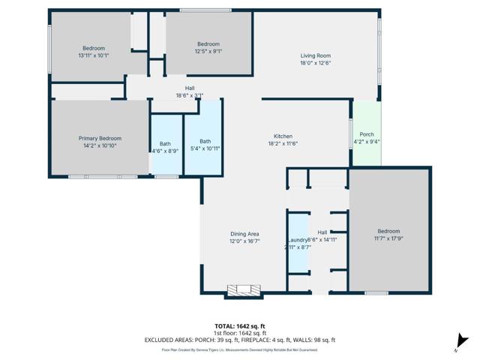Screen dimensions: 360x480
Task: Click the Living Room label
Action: coord(315,55)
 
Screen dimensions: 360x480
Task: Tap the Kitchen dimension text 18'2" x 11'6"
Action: coord(283,143)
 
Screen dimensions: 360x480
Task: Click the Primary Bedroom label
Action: coord(100,138)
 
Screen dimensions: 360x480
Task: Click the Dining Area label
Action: coord(244,234)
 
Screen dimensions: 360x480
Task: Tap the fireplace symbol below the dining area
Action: coord(244,291)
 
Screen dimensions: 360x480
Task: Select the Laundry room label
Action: coord(298,240)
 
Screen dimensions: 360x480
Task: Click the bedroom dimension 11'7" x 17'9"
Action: coord(388,238)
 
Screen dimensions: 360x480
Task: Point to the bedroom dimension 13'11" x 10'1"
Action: coord(94,55)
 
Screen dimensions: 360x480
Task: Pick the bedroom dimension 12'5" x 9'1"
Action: coord(208,52)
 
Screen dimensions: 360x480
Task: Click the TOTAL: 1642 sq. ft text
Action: coord(240,326)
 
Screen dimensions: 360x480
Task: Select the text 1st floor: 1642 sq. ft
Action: coord(240,333)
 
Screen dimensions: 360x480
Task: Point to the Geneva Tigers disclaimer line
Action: coord(240,349)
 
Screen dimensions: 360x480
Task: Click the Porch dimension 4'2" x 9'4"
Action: coord(367,141)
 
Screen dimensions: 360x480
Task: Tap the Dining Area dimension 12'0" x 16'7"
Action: coord(244,241)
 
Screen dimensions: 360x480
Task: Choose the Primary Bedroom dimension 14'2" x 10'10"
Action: coord(100,145)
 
